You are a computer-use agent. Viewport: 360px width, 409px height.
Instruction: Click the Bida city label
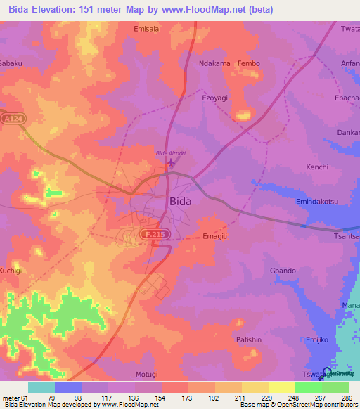click(181, 200)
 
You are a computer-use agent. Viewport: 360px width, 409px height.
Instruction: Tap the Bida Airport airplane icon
click(172, 162)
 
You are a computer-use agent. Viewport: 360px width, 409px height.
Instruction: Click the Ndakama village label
click(214, 63)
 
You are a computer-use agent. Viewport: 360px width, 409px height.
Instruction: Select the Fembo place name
click(249, 63)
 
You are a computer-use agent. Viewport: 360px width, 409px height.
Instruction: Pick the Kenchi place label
click(316, 167)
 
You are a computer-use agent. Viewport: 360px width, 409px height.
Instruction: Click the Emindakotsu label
click(316, 202)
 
